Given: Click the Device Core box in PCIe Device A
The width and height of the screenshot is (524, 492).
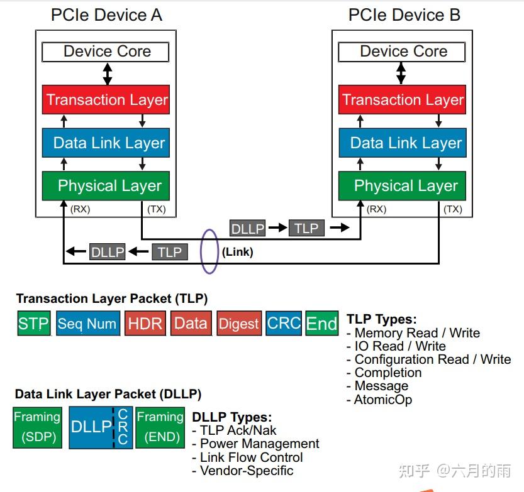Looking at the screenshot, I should (x=106, y=52).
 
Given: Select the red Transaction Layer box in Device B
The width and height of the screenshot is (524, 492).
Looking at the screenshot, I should (x=403, y=100).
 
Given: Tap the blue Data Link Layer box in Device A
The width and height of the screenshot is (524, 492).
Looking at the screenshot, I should (x=106, y=143).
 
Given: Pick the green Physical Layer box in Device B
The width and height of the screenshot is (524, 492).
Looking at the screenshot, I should (x=403, y=185).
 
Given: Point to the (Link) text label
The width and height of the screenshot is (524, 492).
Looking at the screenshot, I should (x=237, y=252).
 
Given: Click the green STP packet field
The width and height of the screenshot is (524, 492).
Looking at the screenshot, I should (x=33, y=324).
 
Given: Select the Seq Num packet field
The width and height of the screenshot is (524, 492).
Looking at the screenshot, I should (x=87, y=324).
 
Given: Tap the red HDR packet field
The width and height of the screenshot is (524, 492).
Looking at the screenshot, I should (x=145, y=324).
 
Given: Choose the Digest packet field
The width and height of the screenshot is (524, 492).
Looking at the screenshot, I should (x=238, y=324).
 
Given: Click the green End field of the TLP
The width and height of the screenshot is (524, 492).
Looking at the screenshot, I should (x=321, y=324).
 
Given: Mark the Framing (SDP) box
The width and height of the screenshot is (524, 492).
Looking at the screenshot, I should (x=37, y=427).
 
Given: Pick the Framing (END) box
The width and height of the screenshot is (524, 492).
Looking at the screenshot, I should (x=160, y=427).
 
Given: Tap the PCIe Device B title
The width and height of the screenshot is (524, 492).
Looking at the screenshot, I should (x=404, y=15).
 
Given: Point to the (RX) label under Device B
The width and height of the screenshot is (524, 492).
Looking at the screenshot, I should (x=376, y=209).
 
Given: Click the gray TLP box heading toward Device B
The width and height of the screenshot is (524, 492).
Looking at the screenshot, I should (x=306, y=228).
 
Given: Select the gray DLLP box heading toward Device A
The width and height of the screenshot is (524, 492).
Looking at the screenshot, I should (x=108, y=252).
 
